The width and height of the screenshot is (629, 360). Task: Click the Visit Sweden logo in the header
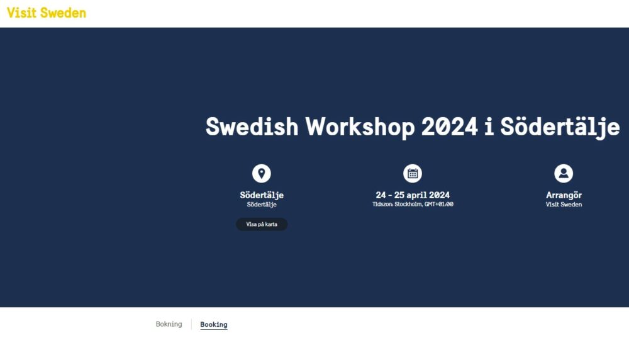coord(47,13)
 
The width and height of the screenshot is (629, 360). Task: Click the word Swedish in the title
coord(252,127)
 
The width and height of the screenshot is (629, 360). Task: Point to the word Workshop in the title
coord(360,128)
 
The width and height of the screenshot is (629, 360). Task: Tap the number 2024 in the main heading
coord(449,127)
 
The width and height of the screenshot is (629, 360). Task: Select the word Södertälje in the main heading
coord(560,128)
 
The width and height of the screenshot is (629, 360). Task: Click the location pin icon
coord(262,173)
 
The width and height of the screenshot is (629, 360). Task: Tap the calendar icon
coord(413,173)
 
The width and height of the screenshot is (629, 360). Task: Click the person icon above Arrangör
coord(564,173)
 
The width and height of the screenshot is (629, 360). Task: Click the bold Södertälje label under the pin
coord(262,196)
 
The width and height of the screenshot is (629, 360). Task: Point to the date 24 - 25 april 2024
coord(413,195)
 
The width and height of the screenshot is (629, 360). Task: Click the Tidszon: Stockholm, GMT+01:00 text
coord(413,205)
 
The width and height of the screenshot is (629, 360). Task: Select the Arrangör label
coord(564,196)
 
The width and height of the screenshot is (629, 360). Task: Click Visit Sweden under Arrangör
coord(564,205)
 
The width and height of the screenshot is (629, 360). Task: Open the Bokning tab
coord(169,324)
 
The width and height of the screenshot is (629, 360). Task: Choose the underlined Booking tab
coord(214,325)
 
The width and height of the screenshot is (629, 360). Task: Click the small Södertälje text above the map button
coord(262,205)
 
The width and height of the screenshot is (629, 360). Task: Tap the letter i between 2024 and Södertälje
coord(489,127)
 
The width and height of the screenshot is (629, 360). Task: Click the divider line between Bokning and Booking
coord(191,324)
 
